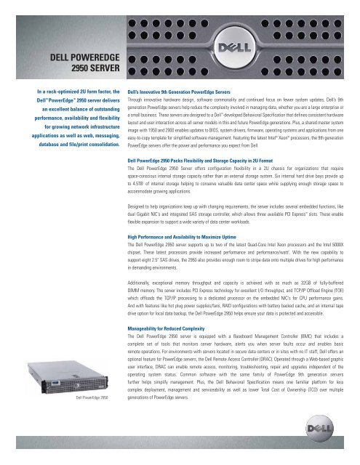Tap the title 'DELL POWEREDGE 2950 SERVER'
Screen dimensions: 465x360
(72, 65)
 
